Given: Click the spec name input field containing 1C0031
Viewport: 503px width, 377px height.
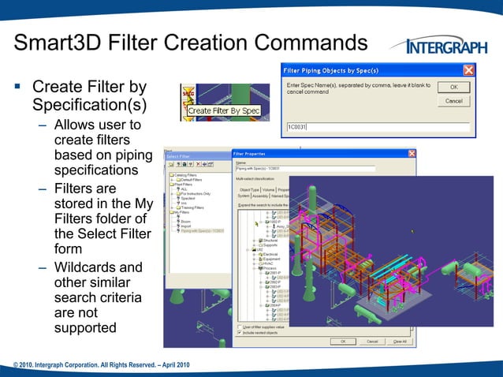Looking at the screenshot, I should point(377,126).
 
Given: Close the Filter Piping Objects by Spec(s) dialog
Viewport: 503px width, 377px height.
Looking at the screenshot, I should point(468,70).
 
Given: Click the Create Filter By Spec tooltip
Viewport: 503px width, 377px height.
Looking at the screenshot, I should point(223,111).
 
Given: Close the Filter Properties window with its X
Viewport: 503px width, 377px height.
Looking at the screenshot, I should point(412,153).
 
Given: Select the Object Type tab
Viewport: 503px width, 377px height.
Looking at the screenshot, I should point(249,189).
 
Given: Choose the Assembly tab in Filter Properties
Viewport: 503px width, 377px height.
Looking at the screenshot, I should point(265,196).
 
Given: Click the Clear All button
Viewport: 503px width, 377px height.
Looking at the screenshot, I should point(400,342).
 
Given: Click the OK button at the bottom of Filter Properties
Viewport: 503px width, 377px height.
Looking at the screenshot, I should point(343,342).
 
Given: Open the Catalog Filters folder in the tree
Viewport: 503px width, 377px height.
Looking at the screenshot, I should point(186,176).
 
